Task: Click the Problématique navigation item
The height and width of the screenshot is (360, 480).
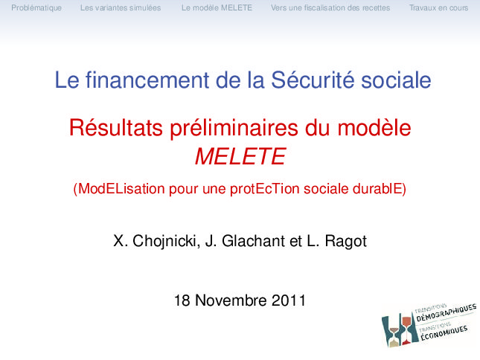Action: click(x=36, y=8)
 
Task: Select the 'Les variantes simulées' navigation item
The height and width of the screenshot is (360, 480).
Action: click(x=121, y=7)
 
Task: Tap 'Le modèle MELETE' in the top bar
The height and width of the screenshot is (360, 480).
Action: click(x=217, y=7)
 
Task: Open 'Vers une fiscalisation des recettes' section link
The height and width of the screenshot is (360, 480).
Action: click(x=330, y=7)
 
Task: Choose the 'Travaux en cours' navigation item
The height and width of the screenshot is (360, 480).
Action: click(x=438, y=7)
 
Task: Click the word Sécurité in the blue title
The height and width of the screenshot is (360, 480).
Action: click(x=313, y=80)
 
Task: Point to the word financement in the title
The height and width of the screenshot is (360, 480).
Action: click(x=147, y=80)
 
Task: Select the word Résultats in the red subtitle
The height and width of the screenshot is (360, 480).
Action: click(x=115, y=127)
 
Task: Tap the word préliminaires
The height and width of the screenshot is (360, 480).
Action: click(x=234, y=129)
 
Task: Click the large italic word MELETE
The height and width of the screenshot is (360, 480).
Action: click(x=240, y=156)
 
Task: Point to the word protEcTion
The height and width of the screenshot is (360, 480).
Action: click(x=265, y=189)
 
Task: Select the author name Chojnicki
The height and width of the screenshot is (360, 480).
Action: click(x=166, y=241)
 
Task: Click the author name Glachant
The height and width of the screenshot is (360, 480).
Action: click(x=254, y=241)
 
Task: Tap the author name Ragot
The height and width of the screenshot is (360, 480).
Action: click(x=345, y=241)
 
